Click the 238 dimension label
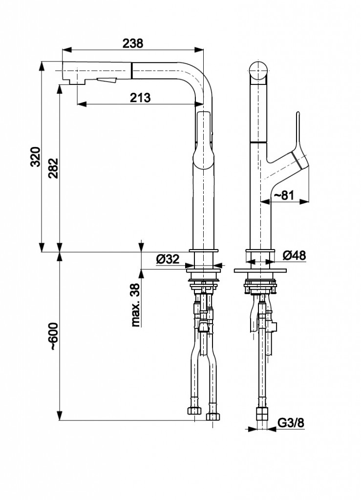(x=133, y=43)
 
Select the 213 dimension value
(x=140, y=97)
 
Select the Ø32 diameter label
(x=168, y=259)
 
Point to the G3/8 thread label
(x=291, y=423)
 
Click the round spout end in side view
(x=258, y=72)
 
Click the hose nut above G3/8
(x=263, y=414)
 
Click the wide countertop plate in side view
(x=260, y=270)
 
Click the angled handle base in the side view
(x=288, y=166)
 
